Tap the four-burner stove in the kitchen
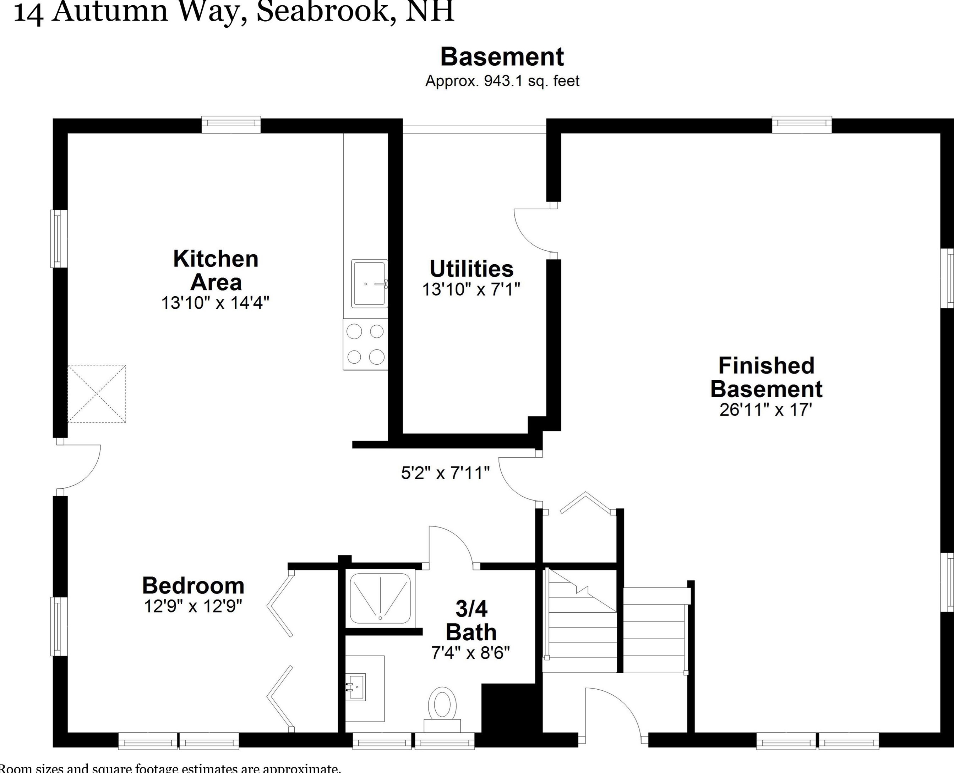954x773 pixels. pyautogui.click(x=365, y=344)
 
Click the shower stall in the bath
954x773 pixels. pyautogui.click(x=380, y=598)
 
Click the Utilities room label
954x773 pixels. pyautogui.click(x=471, y=269)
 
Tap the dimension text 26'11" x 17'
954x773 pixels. pyautogui.click(x=765, y=410)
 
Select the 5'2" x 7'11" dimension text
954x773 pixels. pyautogui.click(x=445, y=473)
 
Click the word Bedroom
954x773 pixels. pyautogui.click(x=193, y=586)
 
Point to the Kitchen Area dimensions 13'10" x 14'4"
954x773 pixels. pyautogui.click(x=215, y=303)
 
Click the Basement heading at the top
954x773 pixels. pyautogui.click(x=502, y=57)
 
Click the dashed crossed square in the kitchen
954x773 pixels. pyautogui.click(x=97, y=394)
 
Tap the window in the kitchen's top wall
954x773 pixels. pyautogui.click(x=231, y=125)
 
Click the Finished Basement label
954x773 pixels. pyautogui.click(x=766, y=377)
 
